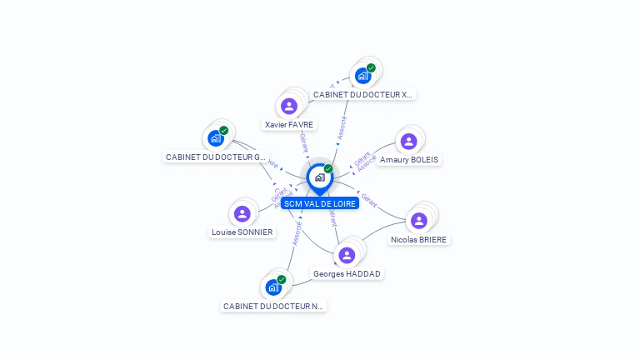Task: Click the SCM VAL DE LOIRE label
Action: pos(319,203)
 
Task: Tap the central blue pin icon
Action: pos(319,177)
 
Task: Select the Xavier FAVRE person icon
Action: pos(289,106)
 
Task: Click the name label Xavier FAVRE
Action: pos(289,124)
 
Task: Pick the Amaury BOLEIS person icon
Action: pos(408,141)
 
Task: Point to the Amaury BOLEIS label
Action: pos(409,159)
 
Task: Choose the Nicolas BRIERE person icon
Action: pos(419,220)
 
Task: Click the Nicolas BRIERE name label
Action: pos(418,239)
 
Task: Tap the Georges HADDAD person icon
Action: pos(347,255)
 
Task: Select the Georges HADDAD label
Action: pos(348,273)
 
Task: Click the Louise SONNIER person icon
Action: pos(242,213)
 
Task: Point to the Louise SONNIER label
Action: pos(242,232)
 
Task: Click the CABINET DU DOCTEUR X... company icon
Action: pos(362,76)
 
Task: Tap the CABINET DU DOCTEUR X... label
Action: pos(362,94)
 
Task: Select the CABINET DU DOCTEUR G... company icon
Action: pos(216,137)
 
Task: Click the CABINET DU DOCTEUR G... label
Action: pos(216,157)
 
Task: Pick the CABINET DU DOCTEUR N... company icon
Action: pos(273,287)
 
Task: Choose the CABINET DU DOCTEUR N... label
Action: pos(273,306)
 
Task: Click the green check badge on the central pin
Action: pos(328,168)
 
